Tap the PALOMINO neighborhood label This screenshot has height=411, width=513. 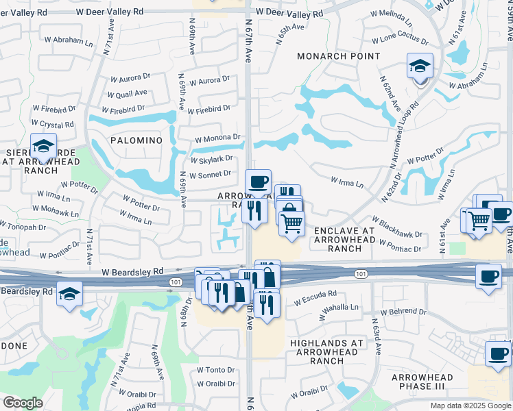coord(136,140)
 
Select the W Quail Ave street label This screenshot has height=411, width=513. coord(128,94)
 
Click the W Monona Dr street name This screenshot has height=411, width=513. coord(217,138)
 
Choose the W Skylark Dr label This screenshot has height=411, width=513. coord(213,159)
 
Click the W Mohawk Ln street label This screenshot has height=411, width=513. coord(60,208)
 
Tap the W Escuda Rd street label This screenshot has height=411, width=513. coord(315,298)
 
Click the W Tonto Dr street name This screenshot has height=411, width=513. coord(216,370)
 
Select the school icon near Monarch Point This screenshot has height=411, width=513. coord(420,66)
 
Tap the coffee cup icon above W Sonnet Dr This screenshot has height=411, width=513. coord(259,182)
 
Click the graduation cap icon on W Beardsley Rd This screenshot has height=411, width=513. coord(70,294)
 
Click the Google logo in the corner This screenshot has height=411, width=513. coord(23,403)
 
